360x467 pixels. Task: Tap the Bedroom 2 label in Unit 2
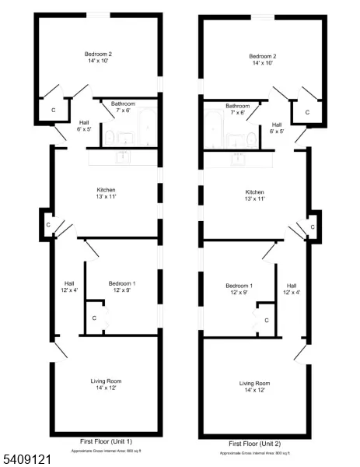[x=263, y=56]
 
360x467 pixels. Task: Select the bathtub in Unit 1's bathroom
[x=145, y=128]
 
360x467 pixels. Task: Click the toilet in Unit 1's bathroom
[x=110, y=138]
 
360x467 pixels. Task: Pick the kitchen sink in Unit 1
[x=122, y=157]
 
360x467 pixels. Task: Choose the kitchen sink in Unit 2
[x=236, y=158]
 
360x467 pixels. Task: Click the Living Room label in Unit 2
[x=255, y=383]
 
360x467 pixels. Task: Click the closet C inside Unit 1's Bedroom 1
[x=95, y=318]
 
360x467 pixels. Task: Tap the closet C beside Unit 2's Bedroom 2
[x=308, y=112]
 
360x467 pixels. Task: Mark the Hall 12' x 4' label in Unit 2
[x=292, y=289]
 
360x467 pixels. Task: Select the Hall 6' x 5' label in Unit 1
[x=83, y=126]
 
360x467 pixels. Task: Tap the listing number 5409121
[x=27, y=459]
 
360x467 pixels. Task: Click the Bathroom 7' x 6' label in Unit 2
[x=237, y=109]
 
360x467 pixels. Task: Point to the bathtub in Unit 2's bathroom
[x=214, y=128]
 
